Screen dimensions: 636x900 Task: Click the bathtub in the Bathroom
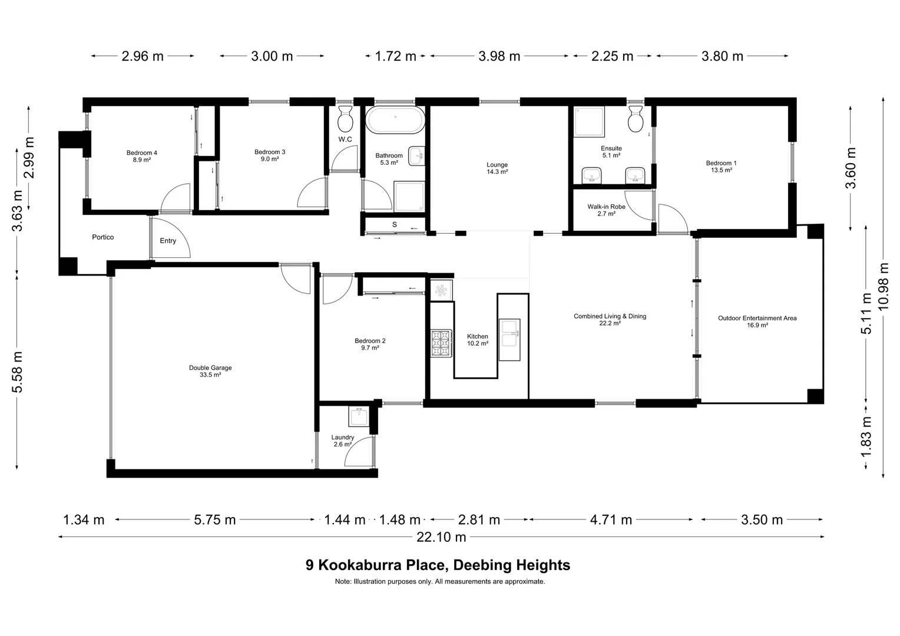tap(395, 121)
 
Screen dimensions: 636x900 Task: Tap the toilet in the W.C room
tap(345, 120)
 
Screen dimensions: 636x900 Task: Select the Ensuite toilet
tap(636, 120)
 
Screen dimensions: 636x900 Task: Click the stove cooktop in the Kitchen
tap(441, 343)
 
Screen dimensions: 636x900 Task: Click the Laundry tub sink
tap(358, 416)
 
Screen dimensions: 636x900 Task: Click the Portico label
tap(103, 237)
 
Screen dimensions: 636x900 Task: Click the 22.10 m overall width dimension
tap(441, 537)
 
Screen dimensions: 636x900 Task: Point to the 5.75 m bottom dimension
tap(214, 520)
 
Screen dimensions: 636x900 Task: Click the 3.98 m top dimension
tap(499, 57)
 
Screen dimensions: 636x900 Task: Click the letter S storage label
tap(395, 224)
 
